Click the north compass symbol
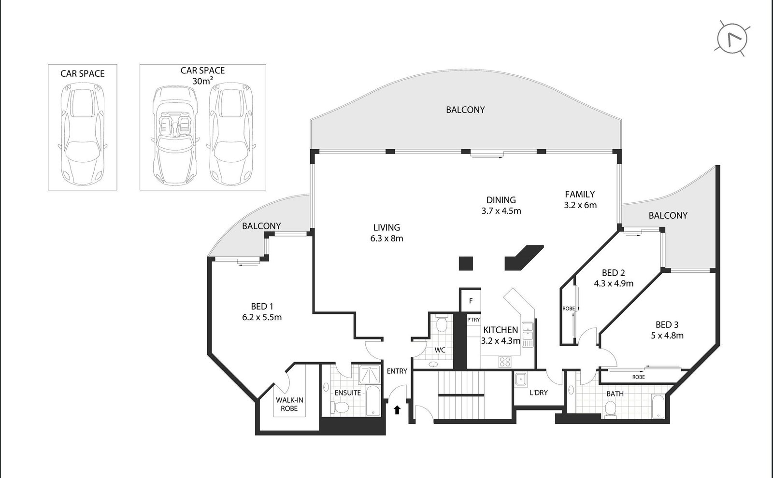[x=732, y=38]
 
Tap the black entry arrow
[x=397, y=410]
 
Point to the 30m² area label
[x=202, y=81]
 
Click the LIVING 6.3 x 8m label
[x=386, y=232]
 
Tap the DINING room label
[x=501, y=200]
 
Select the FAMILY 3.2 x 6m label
[x=580, y=199]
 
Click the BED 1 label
[x=262, y=311]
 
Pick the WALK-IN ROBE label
[x=290, y=404]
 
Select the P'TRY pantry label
[x=473, y=320]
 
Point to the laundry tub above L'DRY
[x=521, y=380]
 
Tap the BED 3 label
[x=667, y=330]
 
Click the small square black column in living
[x=465, y=263]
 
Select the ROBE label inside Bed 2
[x=568, y=309]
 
